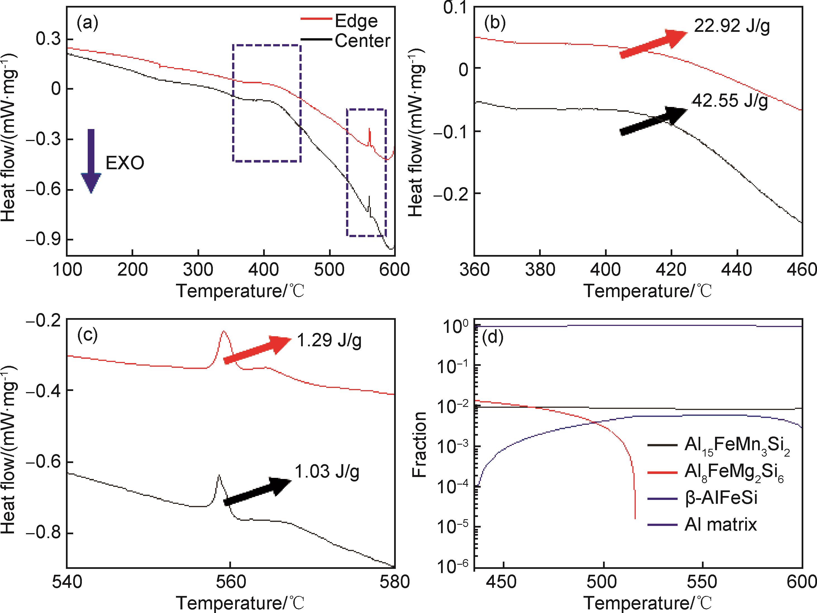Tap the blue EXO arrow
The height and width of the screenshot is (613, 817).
click(x=91, y=161)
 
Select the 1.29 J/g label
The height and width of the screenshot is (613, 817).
click(x=329, y=340)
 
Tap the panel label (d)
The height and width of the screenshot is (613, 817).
click(x=493, y=338)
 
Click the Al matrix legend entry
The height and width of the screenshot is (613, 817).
click(x=720, y=524)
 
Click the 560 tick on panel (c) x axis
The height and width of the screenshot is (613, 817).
click(x=230, y=582)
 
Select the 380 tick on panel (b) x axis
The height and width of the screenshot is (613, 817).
click(x=540, y=270)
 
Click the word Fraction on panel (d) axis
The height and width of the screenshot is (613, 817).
click(x=420, y=445)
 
